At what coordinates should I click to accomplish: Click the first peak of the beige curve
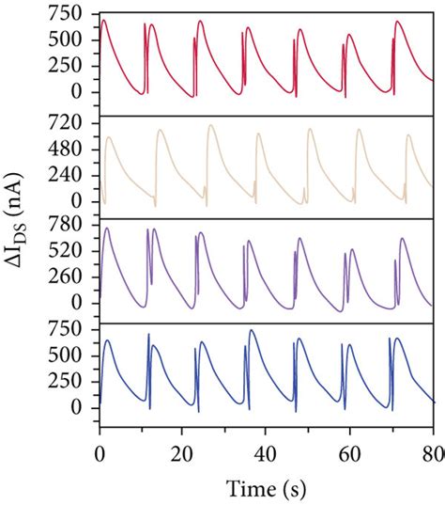(x=110, y=137)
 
